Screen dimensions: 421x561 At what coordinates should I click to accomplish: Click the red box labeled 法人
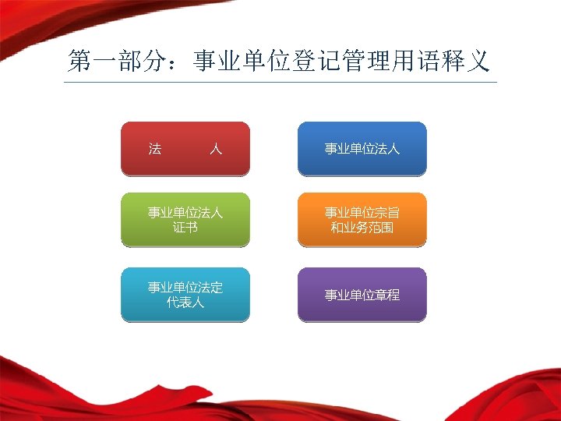point(185,148)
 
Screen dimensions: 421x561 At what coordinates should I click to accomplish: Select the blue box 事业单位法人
point(362,148)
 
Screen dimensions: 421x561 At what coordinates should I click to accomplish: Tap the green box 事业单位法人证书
point(185,220)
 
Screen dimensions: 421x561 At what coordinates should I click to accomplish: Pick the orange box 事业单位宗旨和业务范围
point(362,220)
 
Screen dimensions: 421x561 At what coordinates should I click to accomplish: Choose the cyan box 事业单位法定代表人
point(185,295)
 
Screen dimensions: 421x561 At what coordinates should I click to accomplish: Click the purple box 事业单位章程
point(362,295)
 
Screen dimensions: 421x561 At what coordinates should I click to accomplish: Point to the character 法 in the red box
point(155,148)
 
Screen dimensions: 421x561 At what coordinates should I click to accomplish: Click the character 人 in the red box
point(216,148)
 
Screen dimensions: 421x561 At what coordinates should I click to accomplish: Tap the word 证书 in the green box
point(185,228)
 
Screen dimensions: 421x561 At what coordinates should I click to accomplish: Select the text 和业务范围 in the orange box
point(362,228)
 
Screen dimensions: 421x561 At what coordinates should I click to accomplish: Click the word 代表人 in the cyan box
point(185,302)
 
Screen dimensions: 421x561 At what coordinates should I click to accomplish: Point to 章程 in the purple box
point(387,295)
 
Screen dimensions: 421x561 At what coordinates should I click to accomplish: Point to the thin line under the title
point(280,81)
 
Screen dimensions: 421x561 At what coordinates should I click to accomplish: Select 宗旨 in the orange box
point(387,212)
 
